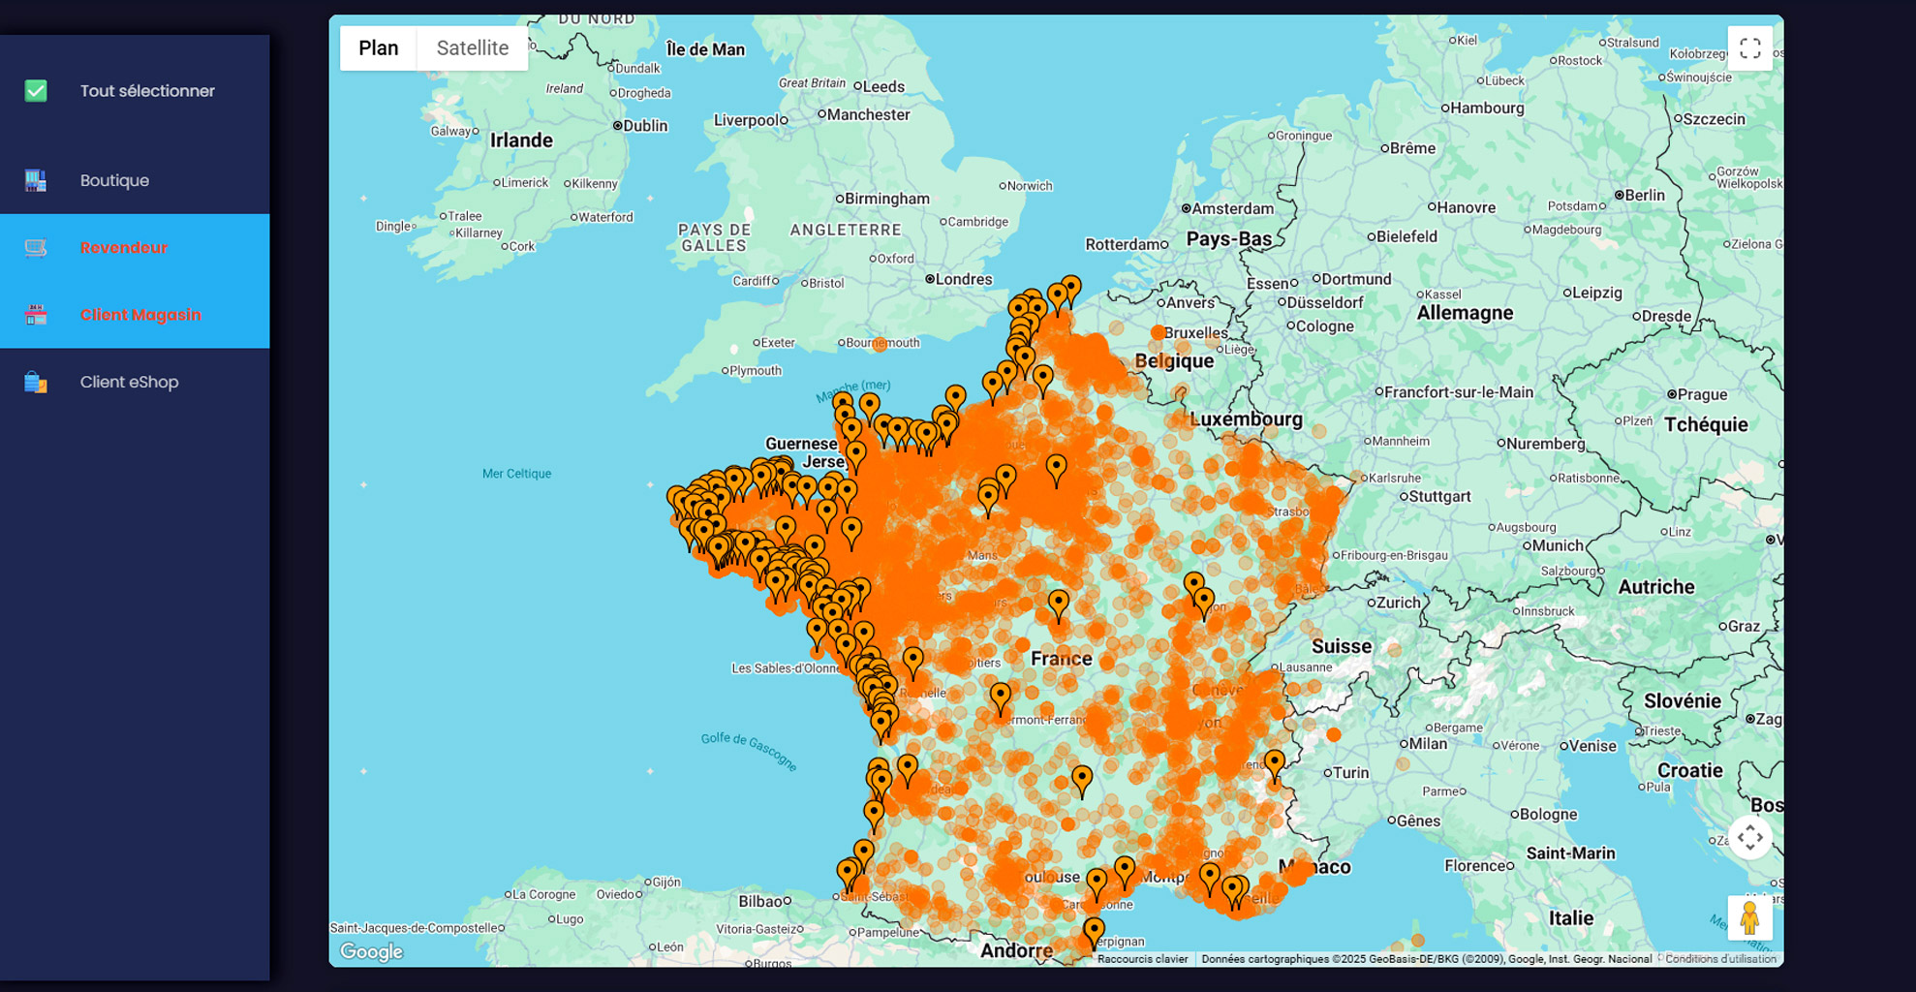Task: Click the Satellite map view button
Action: tap(472, 48)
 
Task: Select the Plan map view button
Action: tap(378, 48)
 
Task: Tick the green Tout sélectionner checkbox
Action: tap(36, 91)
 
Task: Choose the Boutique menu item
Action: tap(114, 180)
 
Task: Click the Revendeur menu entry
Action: tap(124, 248)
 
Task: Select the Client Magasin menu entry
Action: tap(140, 315)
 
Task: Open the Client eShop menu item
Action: tap(129, 382)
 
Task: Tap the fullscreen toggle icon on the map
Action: tap(1749, 48)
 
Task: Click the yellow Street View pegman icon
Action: tap(1749, 917)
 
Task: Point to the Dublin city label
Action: tap(644, 126)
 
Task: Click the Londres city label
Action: tap(963, 279)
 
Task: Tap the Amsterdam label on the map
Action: tap(1232, 208)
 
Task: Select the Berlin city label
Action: tap(1644, 195)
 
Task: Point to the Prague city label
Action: tap(1702, 394)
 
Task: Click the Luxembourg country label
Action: tap(1246, 419)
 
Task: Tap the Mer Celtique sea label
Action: tap(516, 474)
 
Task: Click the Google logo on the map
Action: tap(371, 951)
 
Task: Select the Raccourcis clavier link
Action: tap(1142, 959)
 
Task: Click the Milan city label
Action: tap(1428, 744)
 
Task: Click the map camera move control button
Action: tap(1749, 837)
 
